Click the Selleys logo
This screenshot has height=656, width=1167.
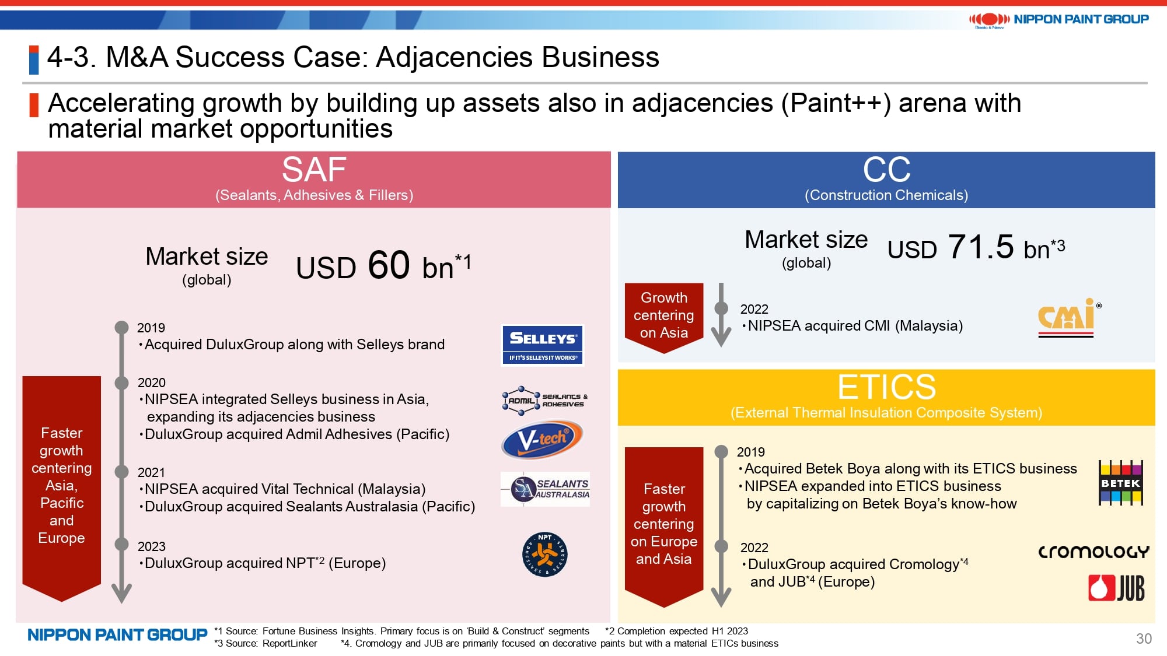click(543, 345)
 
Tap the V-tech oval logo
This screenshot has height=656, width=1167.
click(542, 440)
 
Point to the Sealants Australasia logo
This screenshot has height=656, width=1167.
click(545, 489)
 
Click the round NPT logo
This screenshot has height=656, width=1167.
click(545, 554)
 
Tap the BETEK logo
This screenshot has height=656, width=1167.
click(1120, 483)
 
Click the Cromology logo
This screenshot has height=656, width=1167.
click(1093, 552)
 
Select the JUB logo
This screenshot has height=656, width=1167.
click(1116, 588)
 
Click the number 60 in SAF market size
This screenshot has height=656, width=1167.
click(389, 265)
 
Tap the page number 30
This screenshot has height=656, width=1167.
click(1144, 639)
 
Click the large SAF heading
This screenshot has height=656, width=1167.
click(314, 170)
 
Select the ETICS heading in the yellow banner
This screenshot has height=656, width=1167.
click(886, 387)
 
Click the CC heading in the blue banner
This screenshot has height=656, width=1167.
click(886, 170)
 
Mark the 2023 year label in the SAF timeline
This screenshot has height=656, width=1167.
click(152, 546)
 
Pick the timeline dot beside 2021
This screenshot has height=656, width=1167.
click(121, 472)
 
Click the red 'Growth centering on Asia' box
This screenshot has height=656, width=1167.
click(664, 317)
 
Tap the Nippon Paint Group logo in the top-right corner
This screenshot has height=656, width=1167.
click(1058, 20)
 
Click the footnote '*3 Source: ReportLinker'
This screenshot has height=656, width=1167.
click(265, 643)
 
